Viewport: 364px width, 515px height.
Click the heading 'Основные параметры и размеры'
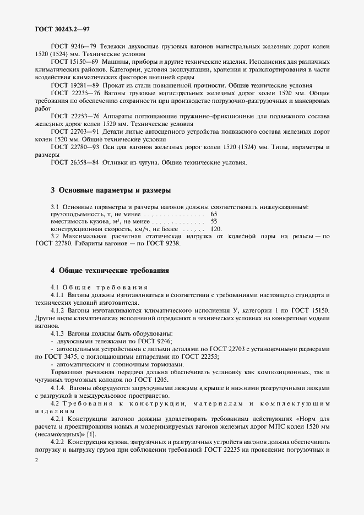(110, 190)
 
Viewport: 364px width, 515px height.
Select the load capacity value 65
(214, 213)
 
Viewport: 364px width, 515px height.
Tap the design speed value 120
(216, 228)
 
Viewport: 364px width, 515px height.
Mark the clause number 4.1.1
(58, 295)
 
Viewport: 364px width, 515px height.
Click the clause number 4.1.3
(58, 334)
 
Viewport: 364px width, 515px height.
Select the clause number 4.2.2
(58, 442)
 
